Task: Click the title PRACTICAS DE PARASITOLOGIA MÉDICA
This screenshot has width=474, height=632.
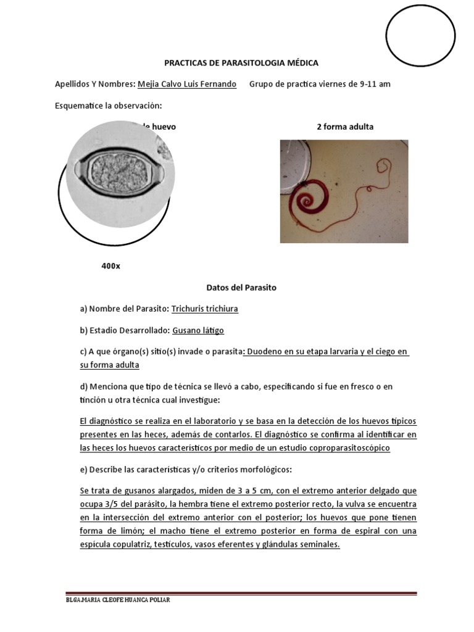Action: tap(241, 63)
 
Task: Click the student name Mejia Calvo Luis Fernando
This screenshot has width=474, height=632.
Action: tap(187, 84)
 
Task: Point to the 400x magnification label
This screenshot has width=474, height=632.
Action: tap(110, 266)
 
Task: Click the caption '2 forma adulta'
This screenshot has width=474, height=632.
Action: tap(345, 127)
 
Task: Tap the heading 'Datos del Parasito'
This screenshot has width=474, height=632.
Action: tap(241, 288)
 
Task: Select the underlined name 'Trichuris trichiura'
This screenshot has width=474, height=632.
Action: tap(205, 309)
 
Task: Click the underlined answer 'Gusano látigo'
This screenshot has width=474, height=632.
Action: tap(197, 330)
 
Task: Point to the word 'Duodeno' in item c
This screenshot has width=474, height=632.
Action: tap(264, 351)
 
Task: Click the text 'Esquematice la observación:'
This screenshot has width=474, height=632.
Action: tap(108, 106)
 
